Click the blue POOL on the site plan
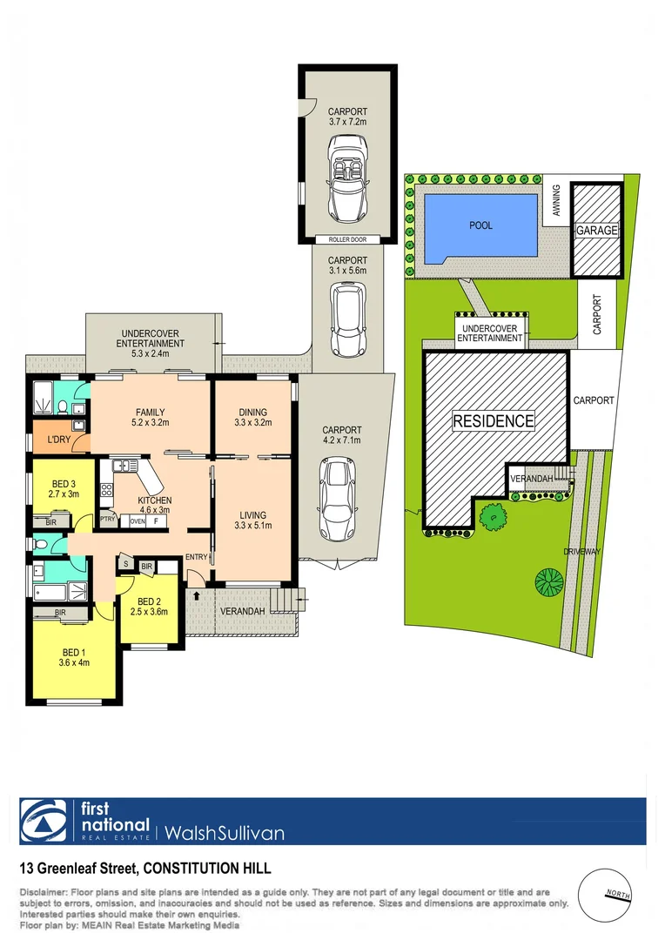[480, 226]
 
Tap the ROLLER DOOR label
[347, 239]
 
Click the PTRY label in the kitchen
[108, 520]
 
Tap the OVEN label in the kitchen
[137, 520]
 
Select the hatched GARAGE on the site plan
[597, 231]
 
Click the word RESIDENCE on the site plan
[493, 421]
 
